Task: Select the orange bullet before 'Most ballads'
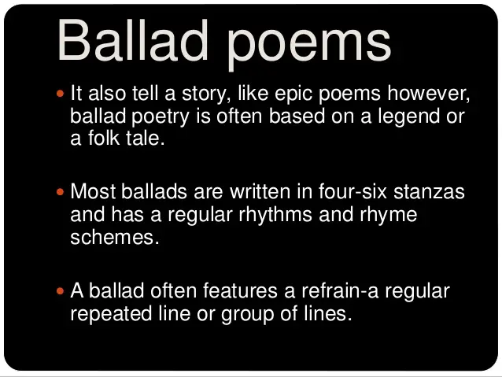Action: point(62,191)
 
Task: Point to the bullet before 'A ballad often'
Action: point(62,291)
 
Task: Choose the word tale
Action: point(148,140)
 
